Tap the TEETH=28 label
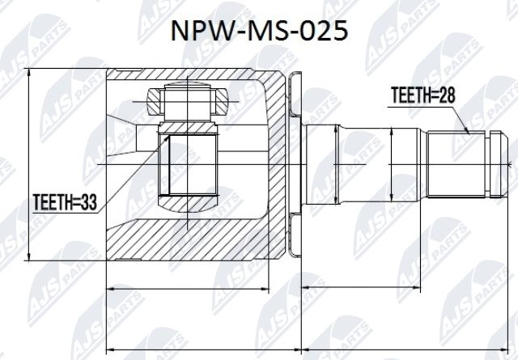[420, 95]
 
